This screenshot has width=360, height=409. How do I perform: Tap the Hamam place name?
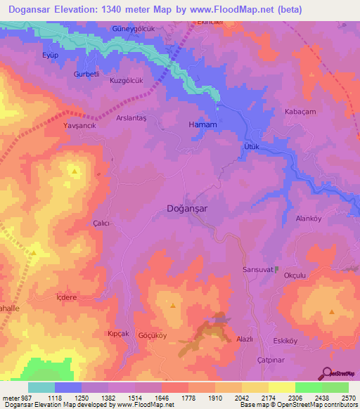[x=202, y=124]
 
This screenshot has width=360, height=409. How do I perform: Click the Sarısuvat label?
[x=257, y=269]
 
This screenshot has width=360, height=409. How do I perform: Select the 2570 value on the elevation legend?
[x=347, y=397]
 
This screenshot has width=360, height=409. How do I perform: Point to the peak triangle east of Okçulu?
[x=332, y=311]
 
